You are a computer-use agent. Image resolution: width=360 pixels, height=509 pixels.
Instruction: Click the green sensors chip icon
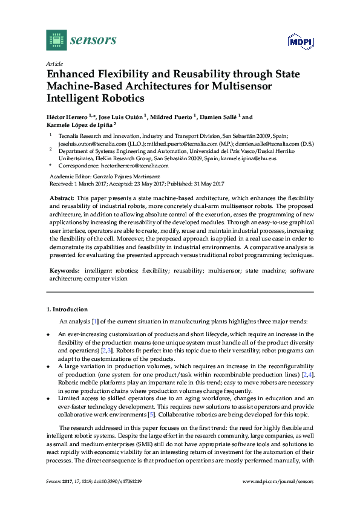point(56,40)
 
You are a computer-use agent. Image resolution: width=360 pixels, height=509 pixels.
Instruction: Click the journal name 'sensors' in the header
point(94,41)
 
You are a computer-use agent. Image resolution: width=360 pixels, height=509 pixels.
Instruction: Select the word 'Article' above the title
point(54,63)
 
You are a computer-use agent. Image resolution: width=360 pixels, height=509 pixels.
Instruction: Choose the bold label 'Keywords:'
point(64,271)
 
